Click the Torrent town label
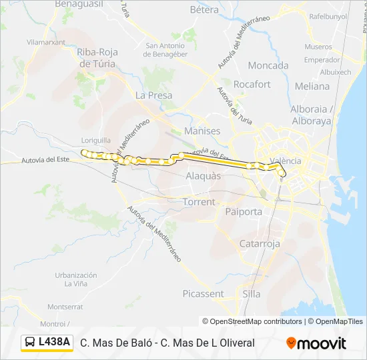pos(200,202)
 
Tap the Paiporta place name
pos(244,211)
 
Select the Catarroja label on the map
pos(260,244)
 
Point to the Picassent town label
pos(204,293)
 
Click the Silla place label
pos(252,293)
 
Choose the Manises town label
pos(201,131)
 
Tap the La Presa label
pos(154,95)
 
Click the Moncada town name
pos(268,65)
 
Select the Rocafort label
pos(253,85)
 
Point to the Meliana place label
pos(312,86)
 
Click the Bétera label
pos(204,10)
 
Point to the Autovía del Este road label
pos(45,160)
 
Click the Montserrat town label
pos(65,307)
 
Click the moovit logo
pos(316,343)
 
